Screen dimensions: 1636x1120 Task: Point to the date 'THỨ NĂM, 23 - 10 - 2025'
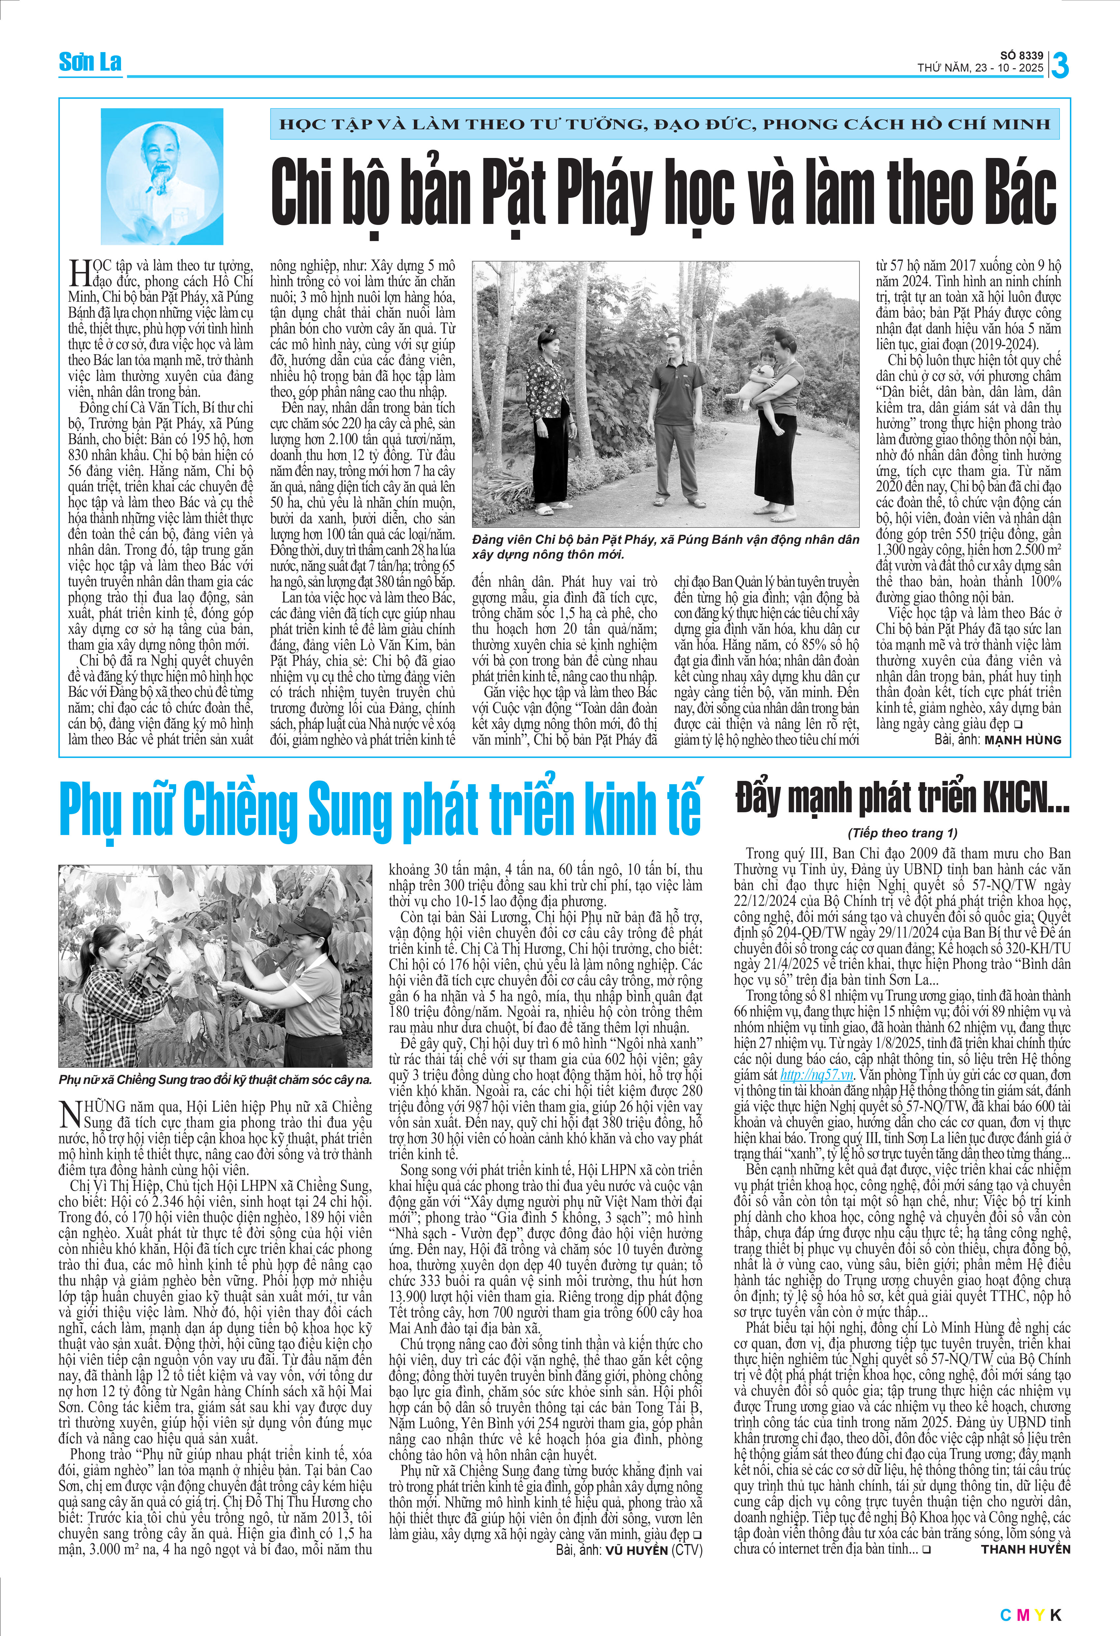point(980,68)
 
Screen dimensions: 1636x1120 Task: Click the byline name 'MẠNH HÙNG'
point(1022,740)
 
